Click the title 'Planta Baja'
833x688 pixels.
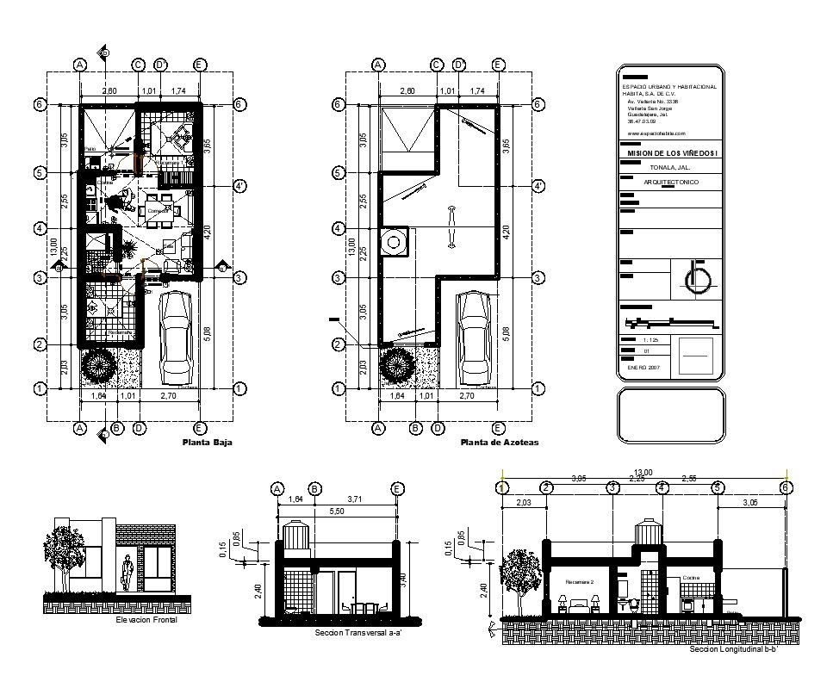(207, 443)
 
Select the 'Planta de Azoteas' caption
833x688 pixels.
(500, 443)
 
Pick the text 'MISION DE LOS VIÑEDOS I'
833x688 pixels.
(668, 152)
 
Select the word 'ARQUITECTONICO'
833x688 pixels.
(671, 183)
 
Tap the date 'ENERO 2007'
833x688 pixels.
(642, 367)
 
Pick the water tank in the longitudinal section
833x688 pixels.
(647, 534)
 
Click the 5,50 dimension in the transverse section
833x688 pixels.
(337, 511)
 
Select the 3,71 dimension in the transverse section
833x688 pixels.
(356, 499)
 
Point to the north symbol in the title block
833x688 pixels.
(695, 278)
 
